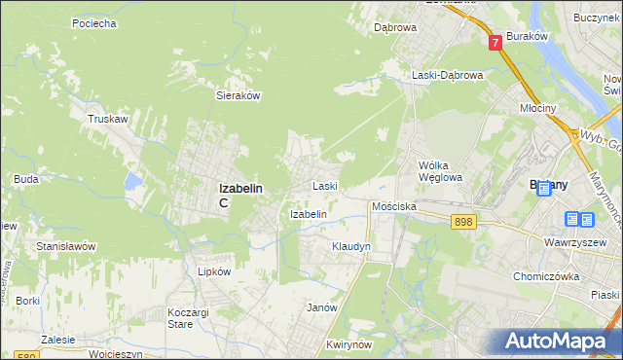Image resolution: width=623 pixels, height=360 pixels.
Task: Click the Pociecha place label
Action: pyautogui.click(x=95, y=22)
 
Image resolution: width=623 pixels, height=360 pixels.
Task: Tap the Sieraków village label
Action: pyautogui.click(x=237, y=96)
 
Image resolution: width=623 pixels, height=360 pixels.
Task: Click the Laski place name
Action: pyautogui.click(x=324, y=186)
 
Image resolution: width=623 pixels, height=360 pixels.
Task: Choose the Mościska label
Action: pyautogui.click(x=394, y=207)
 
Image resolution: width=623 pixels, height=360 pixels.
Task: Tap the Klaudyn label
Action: pyautogui.click(x=350, y=247)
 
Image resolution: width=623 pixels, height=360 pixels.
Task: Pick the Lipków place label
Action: pyautogui.click(x=214, y=272)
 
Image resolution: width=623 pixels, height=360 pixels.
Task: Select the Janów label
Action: pyautogui.click(x=322, y=307)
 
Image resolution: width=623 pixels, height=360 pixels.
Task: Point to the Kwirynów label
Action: pyautogui.click(x=351, y=345)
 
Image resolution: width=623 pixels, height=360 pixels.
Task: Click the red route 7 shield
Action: pyautogui.click(x=495, y=42)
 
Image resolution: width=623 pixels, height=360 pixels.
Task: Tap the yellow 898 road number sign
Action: pyautogui.click(x=463, y=223)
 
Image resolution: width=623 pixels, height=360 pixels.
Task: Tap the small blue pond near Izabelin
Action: pyautogui.click(x=135, y=181)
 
